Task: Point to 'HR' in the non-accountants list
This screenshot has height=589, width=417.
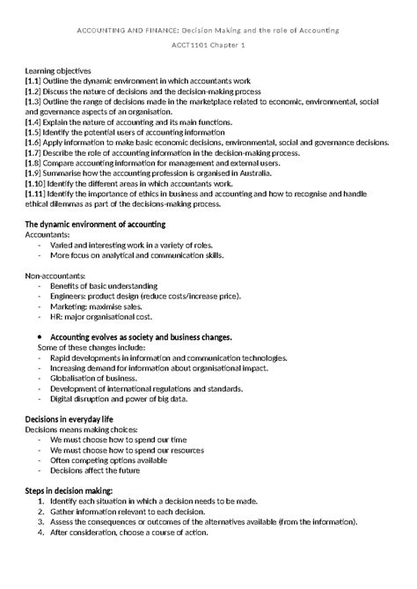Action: coord(56,317)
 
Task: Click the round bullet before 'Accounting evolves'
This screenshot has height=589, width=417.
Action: coord(42,337)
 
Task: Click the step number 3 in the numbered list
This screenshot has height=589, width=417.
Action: coord(41,521)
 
